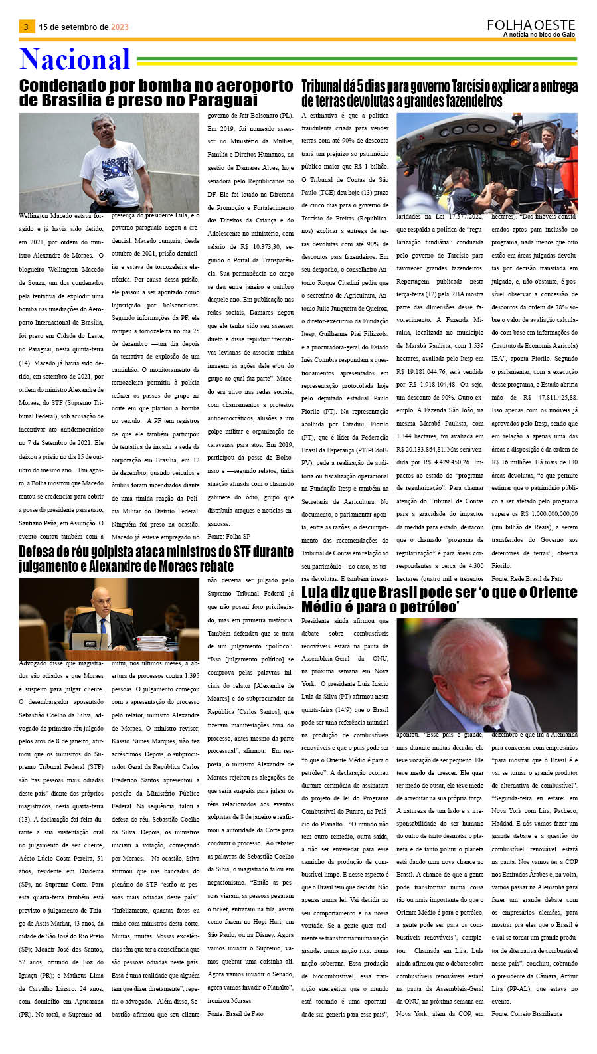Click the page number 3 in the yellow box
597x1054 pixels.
[26, 27]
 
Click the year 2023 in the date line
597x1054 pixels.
[120, 27]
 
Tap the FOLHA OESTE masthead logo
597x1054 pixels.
[531, 25]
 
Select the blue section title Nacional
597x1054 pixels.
[75, 60]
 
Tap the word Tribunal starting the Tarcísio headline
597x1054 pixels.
[325, 86]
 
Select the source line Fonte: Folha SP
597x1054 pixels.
[228, 536]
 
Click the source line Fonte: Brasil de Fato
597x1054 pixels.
[234, 1013]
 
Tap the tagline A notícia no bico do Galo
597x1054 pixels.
[539, 35]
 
